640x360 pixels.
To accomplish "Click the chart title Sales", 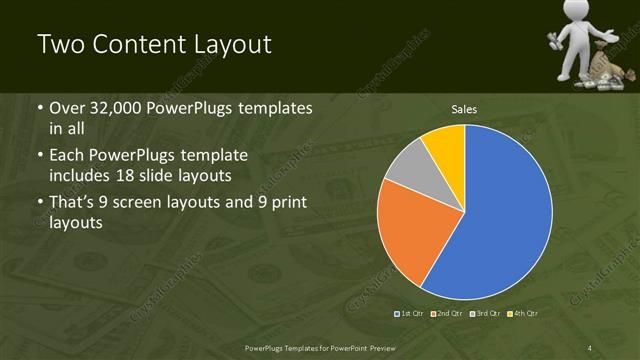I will click(464, 108).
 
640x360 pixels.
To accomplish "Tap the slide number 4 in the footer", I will click(590, 347).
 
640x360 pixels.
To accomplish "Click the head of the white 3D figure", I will click(574, 13).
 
